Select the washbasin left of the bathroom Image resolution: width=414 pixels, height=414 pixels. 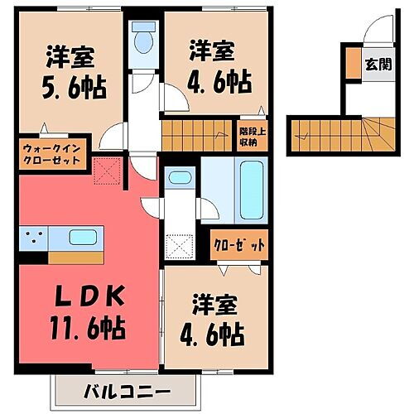coord(178,179)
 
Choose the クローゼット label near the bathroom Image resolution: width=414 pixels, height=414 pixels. coord(241,245)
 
